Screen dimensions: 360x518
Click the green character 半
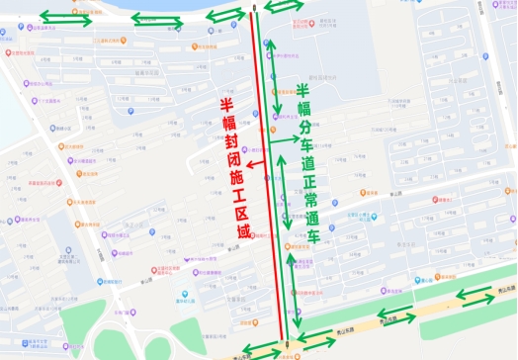click(302, 91)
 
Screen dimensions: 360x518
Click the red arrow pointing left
click(255, 164)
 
